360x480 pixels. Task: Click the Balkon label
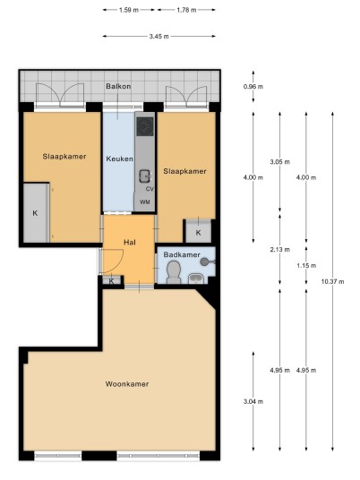click(x=118, y=86)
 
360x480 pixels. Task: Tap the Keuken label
click(x=119, y=159)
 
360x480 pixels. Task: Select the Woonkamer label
click(x=127, y=384)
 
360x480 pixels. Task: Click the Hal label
click(x=130, y=243)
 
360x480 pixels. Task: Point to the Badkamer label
click(x=182, y=254)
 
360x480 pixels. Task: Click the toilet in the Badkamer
click(x=174, y=272)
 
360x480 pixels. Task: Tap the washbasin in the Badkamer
click(x=196, y=279)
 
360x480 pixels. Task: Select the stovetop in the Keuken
click(x=145, y=126)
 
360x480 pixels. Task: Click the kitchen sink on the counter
click(x=145, y=176)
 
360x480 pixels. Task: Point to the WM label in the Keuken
click(x=145, y=202)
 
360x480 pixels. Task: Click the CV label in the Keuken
click(x=150, y=189)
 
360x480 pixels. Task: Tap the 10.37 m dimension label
click(x=332, y=281)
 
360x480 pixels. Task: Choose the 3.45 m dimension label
click(x=159, y=37)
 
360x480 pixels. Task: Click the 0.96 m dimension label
click(x=253, y=87)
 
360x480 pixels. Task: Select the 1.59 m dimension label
click(x=129, y=10)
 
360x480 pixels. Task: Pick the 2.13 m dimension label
click(x=279, y=250)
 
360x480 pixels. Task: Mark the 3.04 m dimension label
click(x=253, y=401)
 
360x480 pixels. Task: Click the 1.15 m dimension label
click(x=306, y=266)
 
